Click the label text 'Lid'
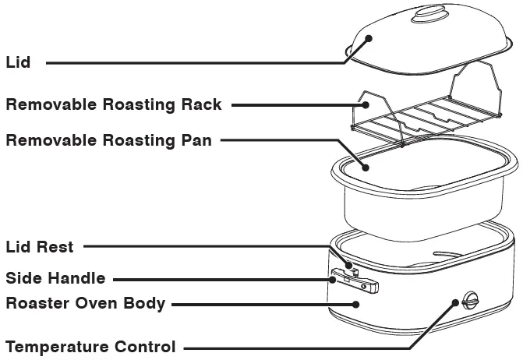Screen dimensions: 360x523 coord(18,62)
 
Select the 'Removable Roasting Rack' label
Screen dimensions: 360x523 coord(114,104)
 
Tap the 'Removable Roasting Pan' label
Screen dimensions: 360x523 coord(108,141)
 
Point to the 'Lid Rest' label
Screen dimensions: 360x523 coord(40,248)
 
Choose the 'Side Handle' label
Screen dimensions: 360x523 coord(55,278)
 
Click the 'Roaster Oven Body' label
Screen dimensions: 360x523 coord(85,304)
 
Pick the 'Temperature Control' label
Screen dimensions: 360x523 coord(90,346)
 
